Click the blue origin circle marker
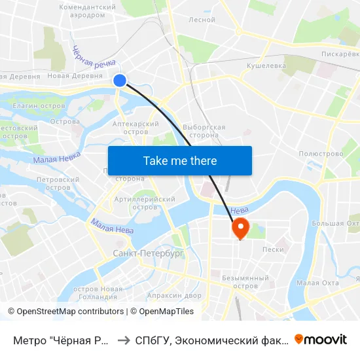[120, 80]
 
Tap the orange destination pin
[240, 228]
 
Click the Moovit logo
[321, 339]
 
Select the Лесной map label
[202, 20]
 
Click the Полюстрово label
[321, 154]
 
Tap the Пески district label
[273, 249]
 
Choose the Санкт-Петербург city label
[149, 253]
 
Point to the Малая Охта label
[317, 283]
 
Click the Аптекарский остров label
[136, 127]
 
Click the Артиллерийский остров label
[145, 203]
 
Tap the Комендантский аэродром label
[82, 10]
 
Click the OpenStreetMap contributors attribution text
[70, 312]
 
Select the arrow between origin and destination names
[122, 340]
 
